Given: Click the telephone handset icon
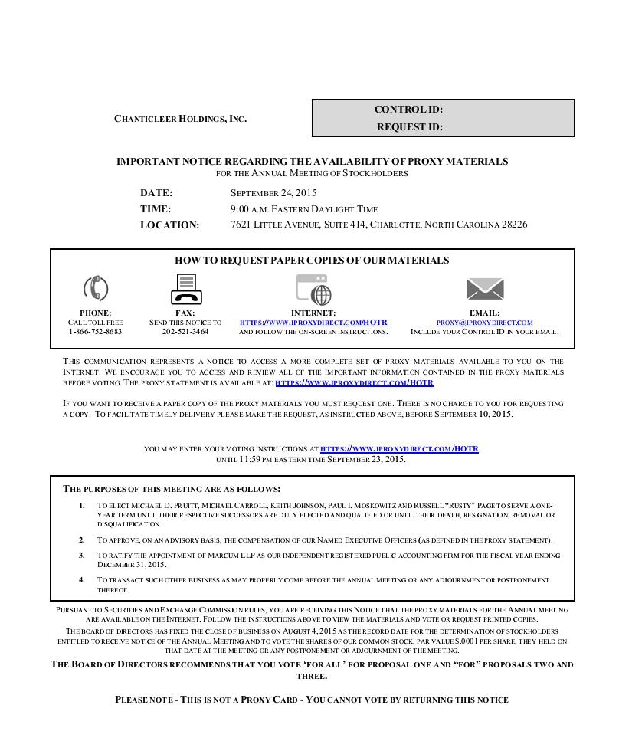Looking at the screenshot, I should click(x=96, y=289).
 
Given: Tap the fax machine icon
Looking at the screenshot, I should click(x=185, y=289).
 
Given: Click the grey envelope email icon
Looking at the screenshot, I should click(x=485, y=289).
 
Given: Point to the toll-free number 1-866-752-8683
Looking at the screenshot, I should click(x=96, y=332).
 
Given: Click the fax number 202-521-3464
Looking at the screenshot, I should click(x=185, y=332).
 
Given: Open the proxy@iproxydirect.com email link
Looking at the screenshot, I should click(x=484, y=323).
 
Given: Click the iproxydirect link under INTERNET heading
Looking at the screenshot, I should click(x=313, y=323).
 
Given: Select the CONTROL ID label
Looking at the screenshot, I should click(x=408, y=110).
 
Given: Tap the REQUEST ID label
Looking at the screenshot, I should click(x=409, y=127).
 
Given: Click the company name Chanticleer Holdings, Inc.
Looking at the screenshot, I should click(x=181, y=119).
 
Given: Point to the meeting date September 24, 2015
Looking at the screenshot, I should click(x=273, y=193).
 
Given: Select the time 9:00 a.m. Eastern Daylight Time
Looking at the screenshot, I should click(x=304, y=209).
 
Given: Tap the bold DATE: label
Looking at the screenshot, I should click(x=156, y=193).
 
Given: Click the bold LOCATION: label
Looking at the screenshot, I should click(x=169, y=225).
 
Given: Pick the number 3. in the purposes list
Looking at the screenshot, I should click(x=82, y=555).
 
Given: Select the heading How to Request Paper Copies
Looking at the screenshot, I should click(x=312, y=261).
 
